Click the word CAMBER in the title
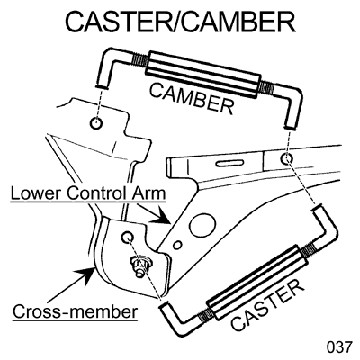(x=238, y=22)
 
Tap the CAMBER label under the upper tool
(x=192, y=99)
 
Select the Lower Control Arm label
(x=88, y=194)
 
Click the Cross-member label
(x=75, y=312)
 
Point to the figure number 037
(x=338, y=347)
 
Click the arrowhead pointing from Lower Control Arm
(x=161, y=217)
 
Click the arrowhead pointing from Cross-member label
(x=87, y=275)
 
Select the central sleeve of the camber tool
(x=203, y=75)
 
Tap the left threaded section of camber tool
(x=140, y=62)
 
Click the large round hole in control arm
(x=202, y=225)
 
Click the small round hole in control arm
(x=178, y=246)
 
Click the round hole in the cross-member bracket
(x=127, y=238)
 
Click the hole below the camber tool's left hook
(x=96, y=122)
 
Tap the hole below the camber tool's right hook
(x=287, y=158)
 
